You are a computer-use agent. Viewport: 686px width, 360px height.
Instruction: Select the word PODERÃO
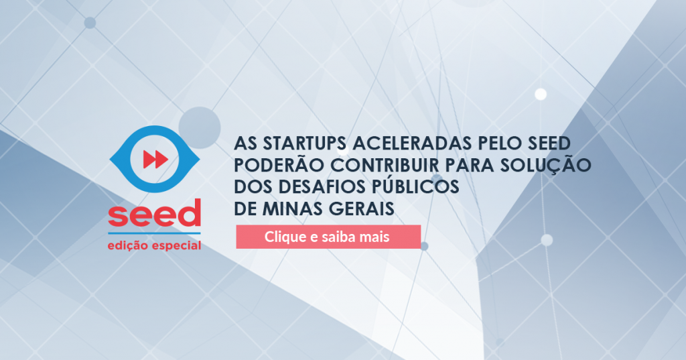click(x=279, y=165)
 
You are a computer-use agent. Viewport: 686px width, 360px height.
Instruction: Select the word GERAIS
click(x=362, y=209)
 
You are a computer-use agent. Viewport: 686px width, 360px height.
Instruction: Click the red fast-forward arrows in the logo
click(x=155, y=160)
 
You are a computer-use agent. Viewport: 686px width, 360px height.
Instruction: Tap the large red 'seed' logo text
click(x=155, y=213)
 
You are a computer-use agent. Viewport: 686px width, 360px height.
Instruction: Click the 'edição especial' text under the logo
click(x=155, y=245)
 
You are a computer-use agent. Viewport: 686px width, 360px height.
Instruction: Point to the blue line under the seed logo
click(x=155, y=233)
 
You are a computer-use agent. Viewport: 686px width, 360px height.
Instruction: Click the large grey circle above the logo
click(x=200, y=127)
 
